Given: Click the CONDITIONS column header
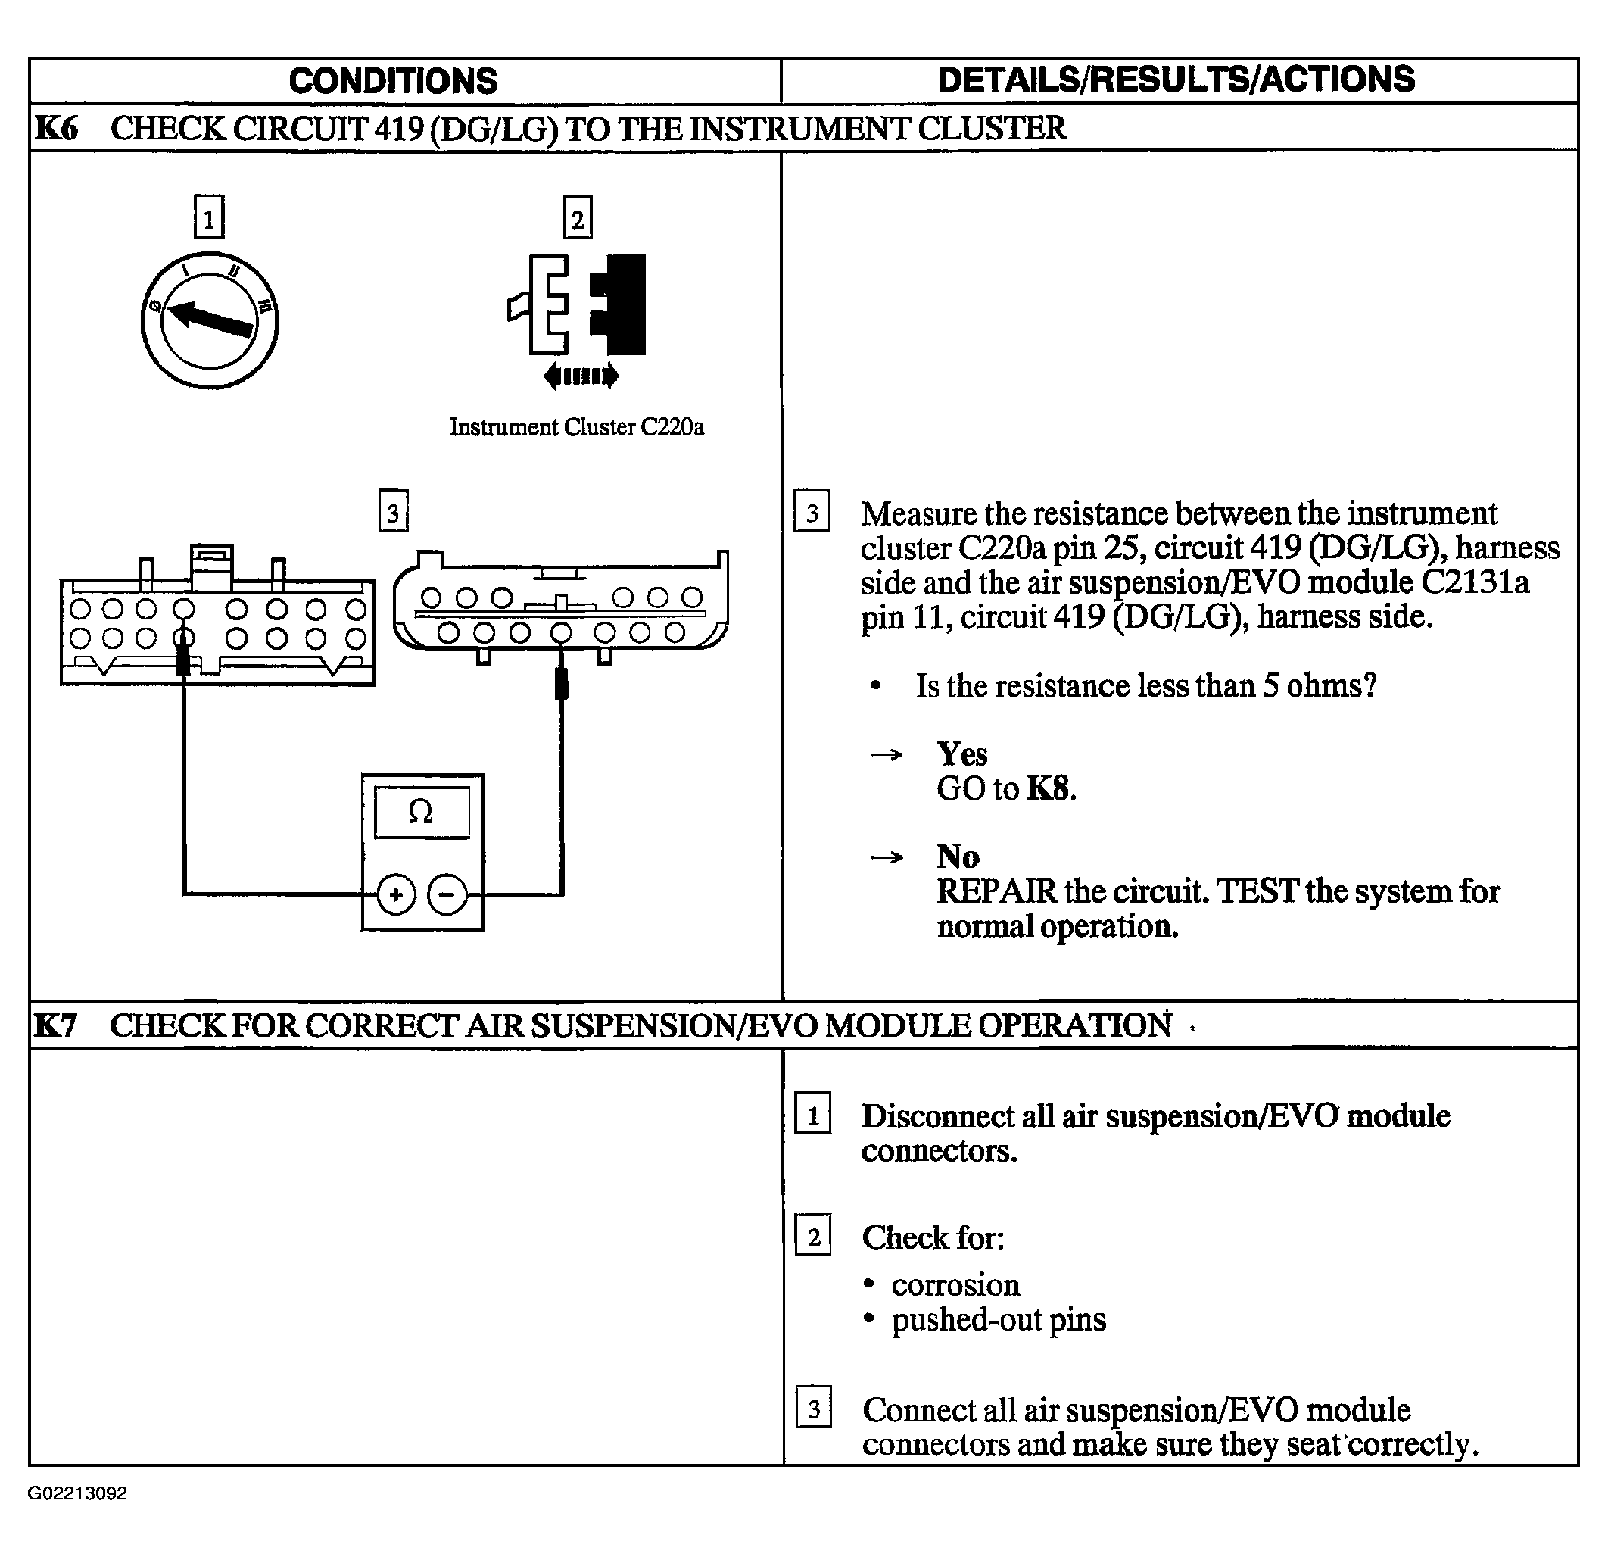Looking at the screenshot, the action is pyautogui.click(x=393, y=80).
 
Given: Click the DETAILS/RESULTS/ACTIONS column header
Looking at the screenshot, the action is pyautogui.click(x=1176, y=80).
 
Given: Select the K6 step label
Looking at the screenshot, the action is pyautogui.click(x=56, y=128).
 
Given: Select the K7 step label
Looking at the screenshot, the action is pyautogui.click(x=55, y=1025).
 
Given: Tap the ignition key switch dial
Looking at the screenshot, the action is pyautogui.click(x=210, y=320).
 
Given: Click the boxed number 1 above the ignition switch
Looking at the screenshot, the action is pyautogui.click(x=209, y=217).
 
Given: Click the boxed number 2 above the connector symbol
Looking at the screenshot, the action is pyautogui.click(x=578, y=217).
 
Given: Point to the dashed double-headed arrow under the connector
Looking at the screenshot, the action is pyautogui.click(x=581, y=376).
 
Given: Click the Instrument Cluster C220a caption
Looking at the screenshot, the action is pyautogui.click(x=577, y=427).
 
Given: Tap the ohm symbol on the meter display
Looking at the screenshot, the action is pyautogui.click(x=421, y=812).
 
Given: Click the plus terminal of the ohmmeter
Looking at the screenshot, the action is pyautogui.click(x=396, y=894).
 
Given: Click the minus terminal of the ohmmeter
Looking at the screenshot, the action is pyautogui.click(x=447, y=894).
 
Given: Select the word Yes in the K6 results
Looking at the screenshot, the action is pyautogui.click(x=962, y=754).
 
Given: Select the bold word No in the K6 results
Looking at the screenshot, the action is pyautogui.click(x=958, y=856).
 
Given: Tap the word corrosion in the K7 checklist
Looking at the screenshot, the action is pyautogui.click(x=955, y=1284).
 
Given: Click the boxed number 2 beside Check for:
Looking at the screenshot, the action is pyautogui.click(x=813, y=1234).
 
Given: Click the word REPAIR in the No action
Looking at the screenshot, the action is pyautogui.click(x=997, y=891).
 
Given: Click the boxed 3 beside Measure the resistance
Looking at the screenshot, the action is pyautogui.click(x=812, y=510).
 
